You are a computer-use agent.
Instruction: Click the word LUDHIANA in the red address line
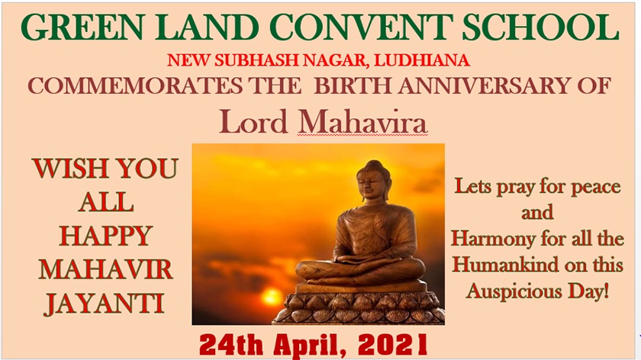click(421, 60)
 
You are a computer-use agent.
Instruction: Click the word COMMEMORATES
click(135, 86)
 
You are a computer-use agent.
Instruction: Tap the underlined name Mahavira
click(362, 122)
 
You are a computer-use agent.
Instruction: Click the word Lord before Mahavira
click(253, 122)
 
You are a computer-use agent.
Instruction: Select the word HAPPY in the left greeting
click(106, 236)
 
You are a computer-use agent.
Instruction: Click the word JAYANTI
click(105, 304)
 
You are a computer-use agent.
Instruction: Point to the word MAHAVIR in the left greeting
click(105, 270)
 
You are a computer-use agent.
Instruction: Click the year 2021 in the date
click(392, 345)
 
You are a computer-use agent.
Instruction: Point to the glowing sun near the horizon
click(272, 296)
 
